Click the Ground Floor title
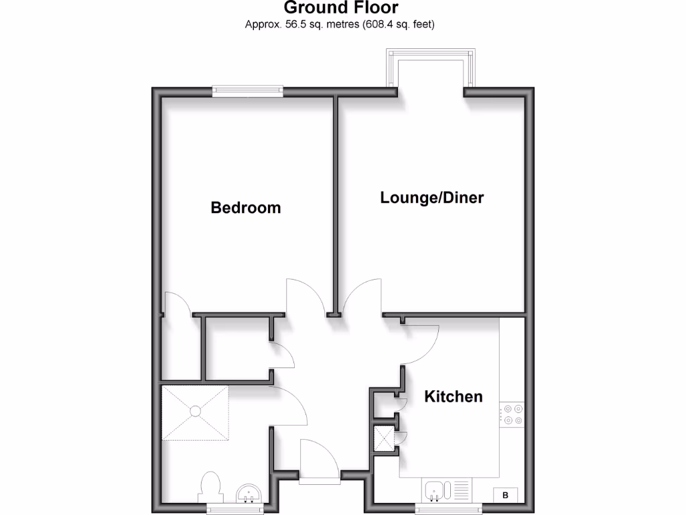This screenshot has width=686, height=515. coord(340,8)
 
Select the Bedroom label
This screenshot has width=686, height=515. coord(246,208)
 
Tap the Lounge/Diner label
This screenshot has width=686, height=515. coord(431,198)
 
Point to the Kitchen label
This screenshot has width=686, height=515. coord(454,396)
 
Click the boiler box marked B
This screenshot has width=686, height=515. coord(506,496)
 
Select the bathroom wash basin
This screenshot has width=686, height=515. coord(251,495)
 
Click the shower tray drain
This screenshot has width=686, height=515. coord(195,410)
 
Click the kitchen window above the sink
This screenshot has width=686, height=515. coord(447,508)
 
